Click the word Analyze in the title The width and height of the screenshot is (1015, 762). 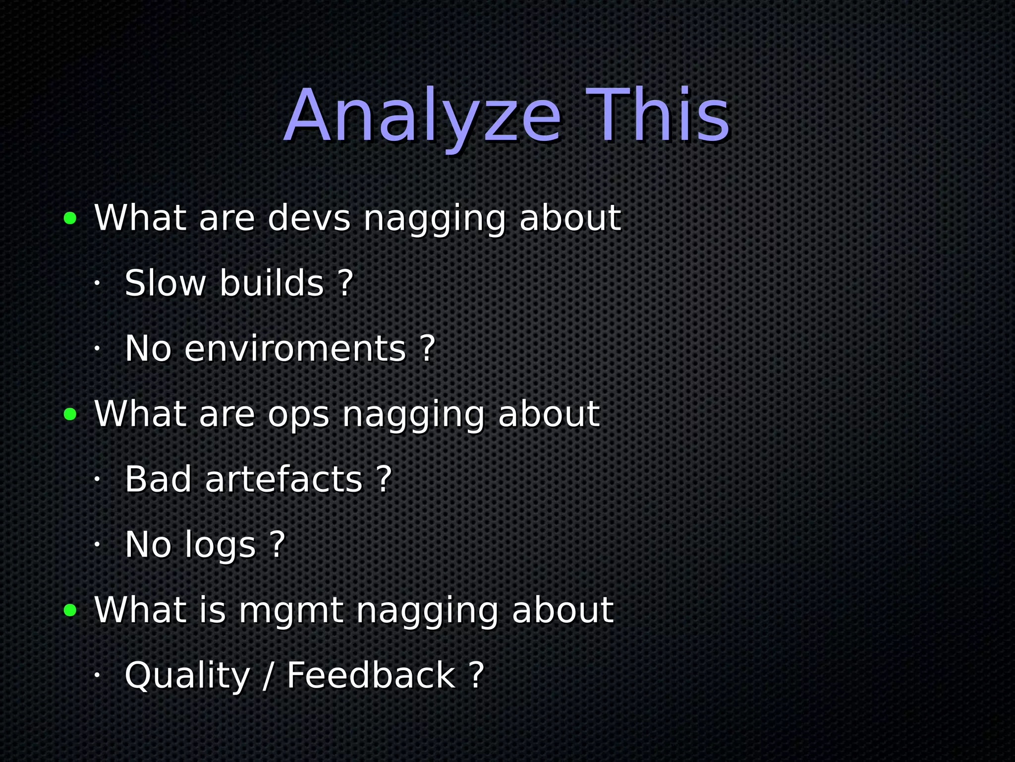point(422,117)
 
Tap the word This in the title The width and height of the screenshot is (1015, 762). point(657,117)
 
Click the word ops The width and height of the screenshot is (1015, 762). point(298,414)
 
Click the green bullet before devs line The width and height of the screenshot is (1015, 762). point(70,218)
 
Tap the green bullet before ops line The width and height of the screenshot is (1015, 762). point(70,414)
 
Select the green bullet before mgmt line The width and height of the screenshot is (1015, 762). point(70,610)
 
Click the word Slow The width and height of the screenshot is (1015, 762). point(165,283)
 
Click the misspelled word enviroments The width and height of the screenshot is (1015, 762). point(295,349)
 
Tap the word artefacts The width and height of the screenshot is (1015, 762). point(284,480)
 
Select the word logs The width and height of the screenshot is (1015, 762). point(220,546)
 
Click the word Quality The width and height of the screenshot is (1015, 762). point(187,676)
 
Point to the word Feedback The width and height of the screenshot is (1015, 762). point(371,676)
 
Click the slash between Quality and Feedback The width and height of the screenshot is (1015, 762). point(268,676)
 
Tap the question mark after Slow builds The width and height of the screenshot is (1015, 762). point(345,283)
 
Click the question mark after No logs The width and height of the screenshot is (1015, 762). point(278,545)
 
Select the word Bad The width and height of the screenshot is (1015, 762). point(158,480)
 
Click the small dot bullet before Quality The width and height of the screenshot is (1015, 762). point(97,676)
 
